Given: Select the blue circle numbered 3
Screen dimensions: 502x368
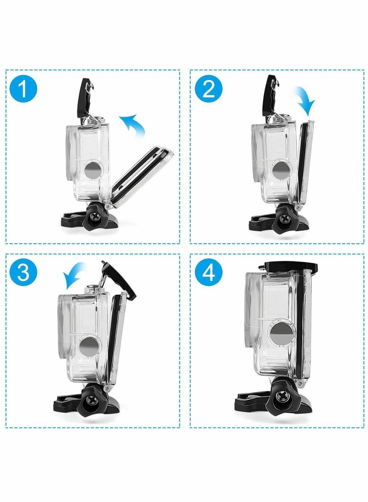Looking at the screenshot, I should (x=27, y=273).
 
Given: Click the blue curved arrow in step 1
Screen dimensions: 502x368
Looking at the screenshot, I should (x=133, y=126).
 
